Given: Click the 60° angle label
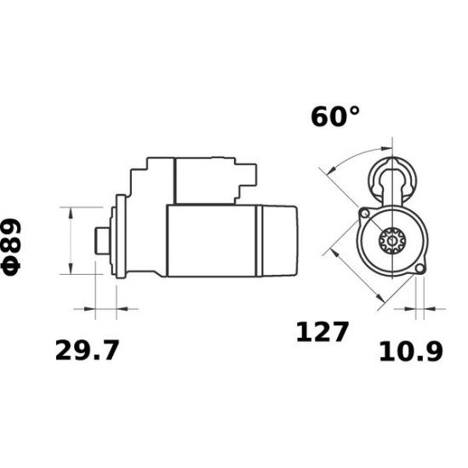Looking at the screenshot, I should coord(328,117).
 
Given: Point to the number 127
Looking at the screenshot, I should coord(322,331).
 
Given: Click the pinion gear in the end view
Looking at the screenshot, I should coord(391,242).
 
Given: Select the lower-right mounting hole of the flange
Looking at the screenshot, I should coord(419,270).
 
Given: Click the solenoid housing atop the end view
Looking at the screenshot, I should coord(392,179).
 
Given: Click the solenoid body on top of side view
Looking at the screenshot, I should coord(204,180).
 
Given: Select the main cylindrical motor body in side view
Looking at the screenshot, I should coord(213,241).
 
